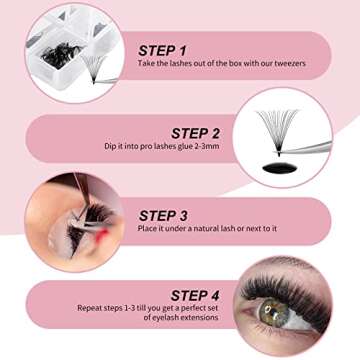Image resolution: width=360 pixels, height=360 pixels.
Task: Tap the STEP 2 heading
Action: tap(195, 132)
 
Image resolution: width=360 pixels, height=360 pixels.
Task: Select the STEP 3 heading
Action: tap(165, 214)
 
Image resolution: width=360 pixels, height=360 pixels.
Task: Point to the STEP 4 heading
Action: tap(195, 294)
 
